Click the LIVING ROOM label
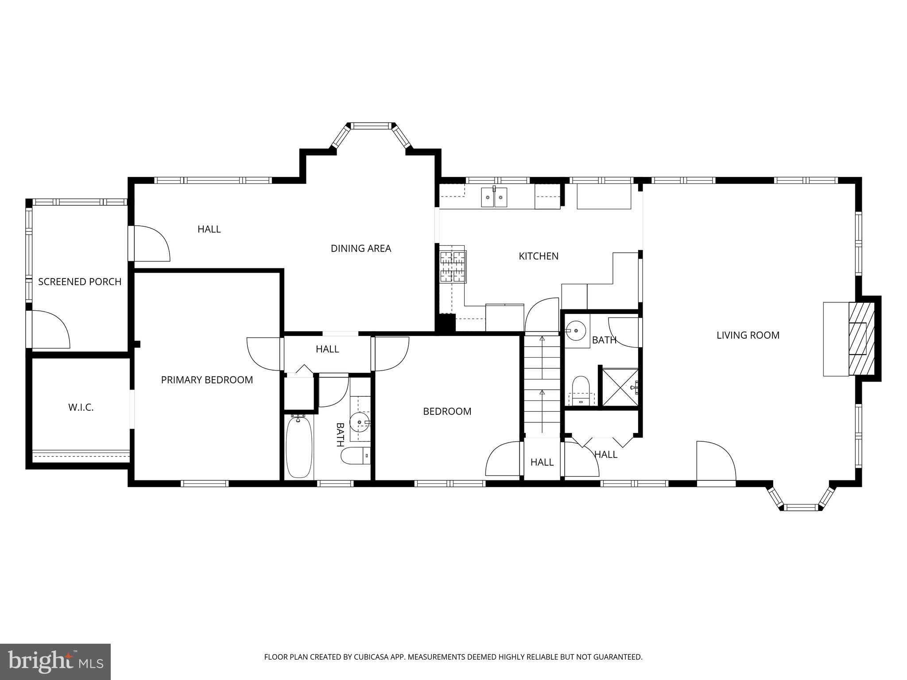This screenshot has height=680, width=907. tap(748, 335)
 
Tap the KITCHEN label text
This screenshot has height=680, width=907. tap(539, 256)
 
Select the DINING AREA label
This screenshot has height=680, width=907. tap(360, 248)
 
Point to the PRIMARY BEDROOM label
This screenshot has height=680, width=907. tap(207, 380)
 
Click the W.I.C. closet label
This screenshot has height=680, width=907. tap(81, 407)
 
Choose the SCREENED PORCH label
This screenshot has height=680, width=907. tap(80, 282)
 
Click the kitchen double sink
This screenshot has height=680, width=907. tap(494, 197)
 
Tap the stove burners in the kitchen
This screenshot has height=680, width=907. tap(452, 267)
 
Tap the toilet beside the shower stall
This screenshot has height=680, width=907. tap(581, 390)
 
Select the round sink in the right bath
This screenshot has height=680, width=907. tap(576, 330)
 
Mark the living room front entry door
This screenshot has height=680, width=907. tap(715, 463)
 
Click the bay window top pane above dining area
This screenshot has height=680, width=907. tap(372, 126)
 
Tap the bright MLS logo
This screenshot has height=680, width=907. tap(55, 661)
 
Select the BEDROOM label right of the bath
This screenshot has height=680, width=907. tap(447, 411)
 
